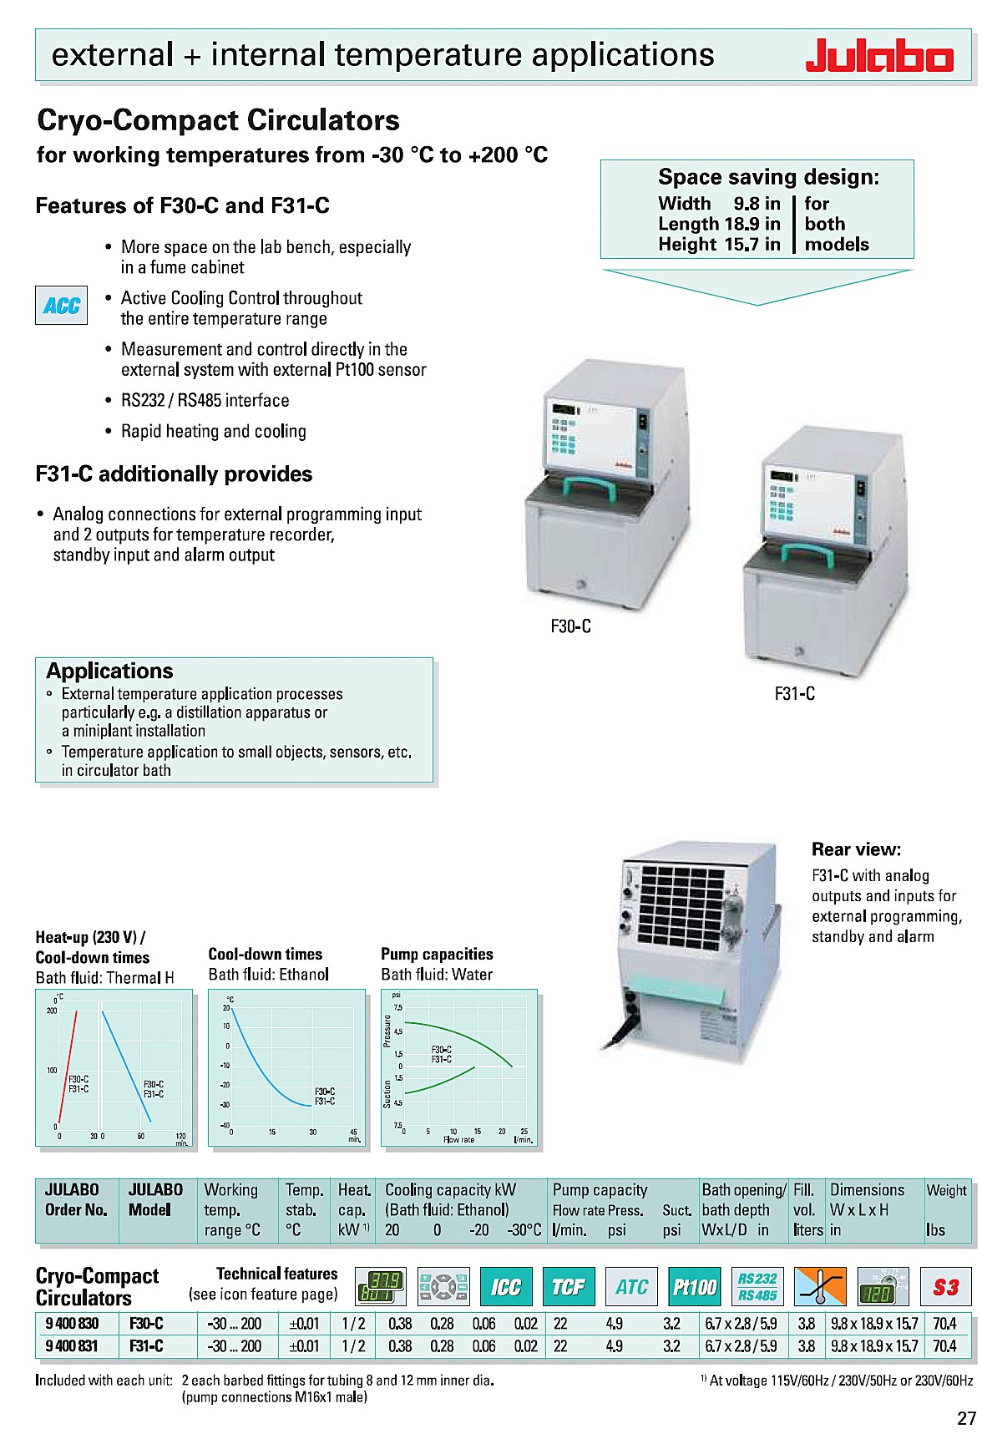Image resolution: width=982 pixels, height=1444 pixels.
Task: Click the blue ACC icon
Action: tap(61, 306)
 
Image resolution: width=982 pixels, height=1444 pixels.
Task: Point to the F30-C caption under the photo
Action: tap(570, 626)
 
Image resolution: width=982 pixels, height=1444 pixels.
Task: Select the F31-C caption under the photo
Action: tap(794, 693)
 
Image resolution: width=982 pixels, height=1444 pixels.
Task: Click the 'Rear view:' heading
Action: tap(856, 849)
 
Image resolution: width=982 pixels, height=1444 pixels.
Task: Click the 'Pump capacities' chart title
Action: tap(437, 954)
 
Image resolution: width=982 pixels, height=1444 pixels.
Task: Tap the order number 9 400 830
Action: tap(72, 1323)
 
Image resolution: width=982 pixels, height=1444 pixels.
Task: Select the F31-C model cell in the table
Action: tap(146, 1345)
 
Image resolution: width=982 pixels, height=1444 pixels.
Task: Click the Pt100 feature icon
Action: tap(695, 1287)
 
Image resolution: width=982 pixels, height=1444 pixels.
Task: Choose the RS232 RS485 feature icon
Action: tap(757, 1287)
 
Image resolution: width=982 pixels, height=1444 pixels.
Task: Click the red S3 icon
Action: tap(945, 1287)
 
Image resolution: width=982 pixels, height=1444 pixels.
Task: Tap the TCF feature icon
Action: tap(569, 1287)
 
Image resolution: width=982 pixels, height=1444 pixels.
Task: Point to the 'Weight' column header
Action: tap(946, 1190)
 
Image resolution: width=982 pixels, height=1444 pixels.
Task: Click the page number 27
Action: tap(965, 1417)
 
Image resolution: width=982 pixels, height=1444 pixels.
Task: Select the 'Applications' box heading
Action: tap(109, 671)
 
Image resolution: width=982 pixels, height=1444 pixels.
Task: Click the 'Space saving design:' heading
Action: tap(768, 177)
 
